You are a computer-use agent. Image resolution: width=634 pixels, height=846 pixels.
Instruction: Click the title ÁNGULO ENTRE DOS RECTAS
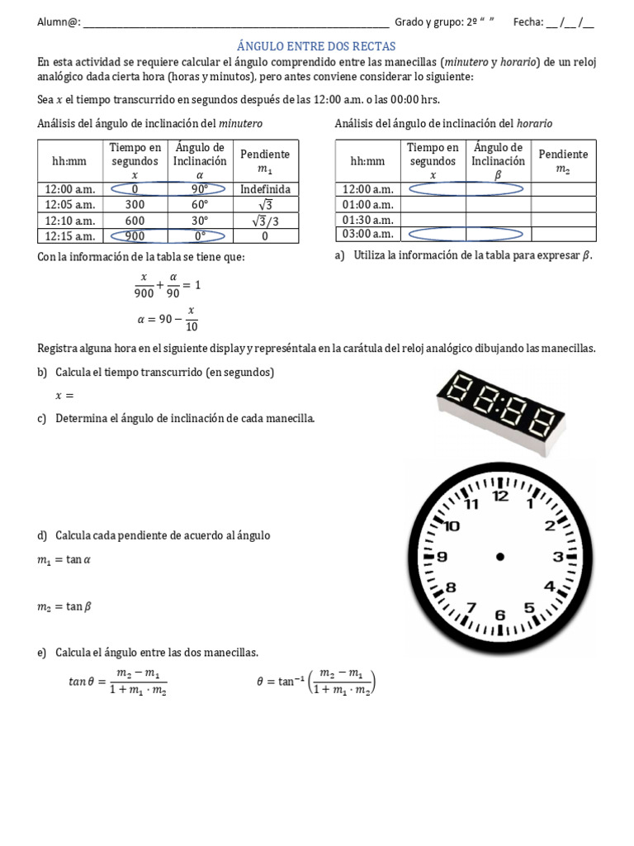pyautogui.click(x=316, y=46)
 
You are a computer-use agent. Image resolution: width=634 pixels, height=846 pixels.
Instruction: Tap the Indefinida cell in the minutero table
pyautogui.click(x=265, y=189)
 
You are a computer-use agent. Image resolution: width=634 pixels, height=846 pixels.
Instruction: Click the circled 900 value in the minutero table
pyautogui.click(x=135, y=235)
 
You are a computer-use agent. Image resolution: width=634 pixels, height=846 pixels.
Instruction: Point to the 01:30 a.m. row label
pyautogui.click(x=367, y=220)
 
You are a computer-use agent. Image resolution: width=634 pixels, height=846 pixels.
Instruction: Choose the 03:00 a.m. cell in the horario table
pyautogui.click(x=367, y=235)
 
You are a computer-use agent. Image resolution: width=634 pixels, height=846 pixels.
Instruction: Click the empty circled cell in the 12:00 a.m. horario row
pyautogui.click(x=433, y=189)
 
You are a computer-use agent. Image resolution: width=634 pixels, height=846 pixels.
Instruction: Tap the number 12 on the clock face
pyautogui.click(x=500, y=497)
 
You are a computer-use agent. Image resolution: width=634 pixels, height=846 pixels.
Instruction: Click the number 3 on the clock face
pyautogui.click(x=557, y=557)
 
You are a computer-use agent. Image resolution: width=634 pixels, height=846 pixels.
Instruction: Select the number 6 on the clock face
pyautogui.click(x=499, y=615)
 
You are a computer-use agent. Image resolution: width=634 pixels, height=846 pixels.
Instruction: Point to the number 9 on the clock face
pyautogui.click(x=442, y=557)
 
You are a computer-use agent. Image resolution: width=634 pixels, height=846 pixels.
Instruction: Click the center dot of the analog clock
pyautogui.click(x=499, y=557)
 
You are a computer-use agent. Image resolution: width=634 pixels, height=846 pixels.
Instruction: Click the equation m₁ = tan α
pyautogui.click(x=64, y=561)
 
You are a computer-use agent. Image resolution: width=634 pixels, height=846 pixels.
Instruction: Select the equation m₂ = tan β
pyautogui.click(x=64, y=606)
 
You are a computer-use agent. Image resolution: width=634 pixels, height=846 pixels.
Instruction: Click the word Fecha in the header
pyautogui.click(x=528, y=22)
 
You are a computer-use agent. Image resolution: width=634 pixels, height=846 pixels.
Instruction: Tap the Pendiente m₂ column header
pyautogui.click(x=563, y=161)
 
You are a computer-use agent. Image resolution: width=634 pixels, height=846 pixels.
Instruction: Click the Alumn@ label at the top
pyautogui.click(x=59, y=22)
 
